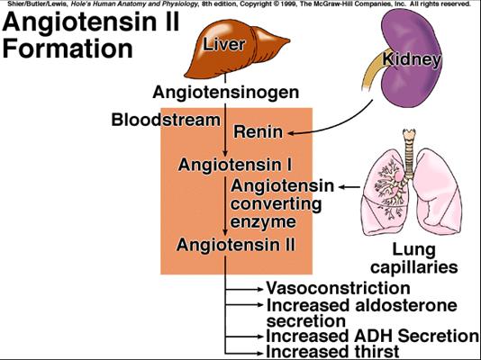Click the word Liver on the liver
click(224, 44)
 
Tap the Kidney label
click(412, 59)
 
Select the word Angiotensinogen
click(226, 93)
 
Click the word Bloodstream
click(166, 120)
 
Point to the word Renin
click(258, 132)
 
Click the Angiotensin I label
click(235, 165)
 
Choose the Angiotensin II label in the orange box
click(236, 245)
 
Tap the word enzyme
click(263, 222)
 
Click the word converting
click(276, 204)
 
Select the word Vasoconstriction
click(338, 288)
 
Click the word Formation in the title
click(68, 49)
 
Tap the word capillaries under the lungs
click(414, 267)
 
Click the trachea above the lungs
click(409, 152)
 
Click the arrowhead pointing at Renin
click(291, 133)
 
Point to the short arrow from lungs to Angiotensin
click(349, 187)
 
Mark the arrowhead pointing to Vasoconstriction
click(260, 289)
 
